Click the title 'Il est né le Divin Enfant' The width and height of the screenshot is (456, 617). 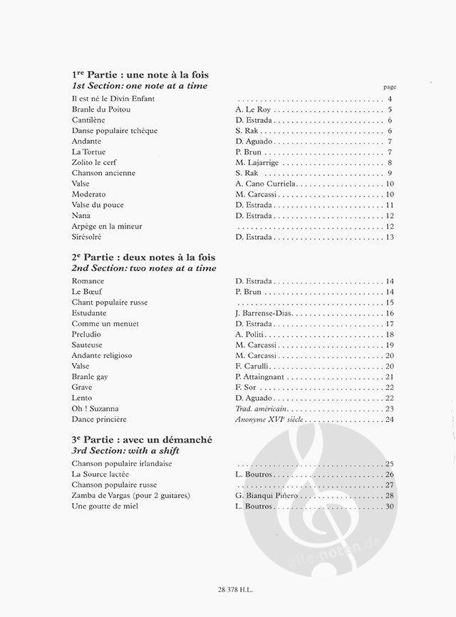coord(113,98)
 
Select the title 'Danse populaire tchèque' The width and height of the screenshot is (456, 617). coord(115,131)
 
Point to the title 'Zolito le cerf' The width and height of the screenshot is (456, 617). coord(95,162)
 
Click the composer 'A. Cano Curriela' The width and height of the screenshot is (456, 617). coord(265,184)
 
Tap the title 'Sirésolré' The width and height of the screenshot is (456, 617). coord(89,236)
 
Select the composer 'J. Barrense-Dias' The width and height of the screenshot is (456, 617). coord(266,313)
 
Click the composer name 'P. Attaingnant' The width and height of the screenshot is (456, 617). coord(260,376)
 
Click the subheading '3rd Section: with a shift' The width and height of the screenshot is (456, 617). coord(125,452)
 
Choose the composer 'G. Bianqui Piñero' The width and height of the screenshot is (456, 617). coord(267,495)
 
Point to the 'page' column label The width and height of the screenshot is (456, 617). coord(388,86)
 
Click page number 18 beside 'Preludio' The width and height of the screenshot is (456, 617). coord(389,334)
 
